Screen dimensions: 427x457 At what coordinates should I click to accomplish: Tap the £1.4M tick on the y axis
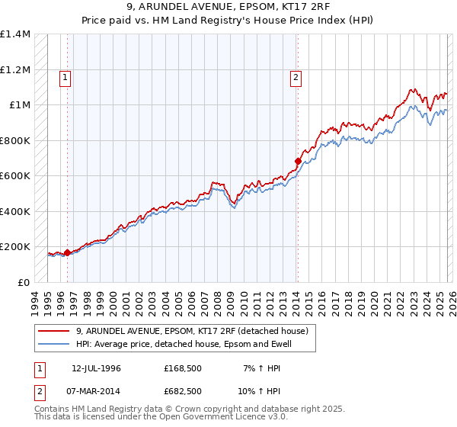[x=15, y=34]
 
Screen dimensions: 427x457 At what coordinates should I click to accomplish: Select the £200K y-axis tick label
[x=15, y=247]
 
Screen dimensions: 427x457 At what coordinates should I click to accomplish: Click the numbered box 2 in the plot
[x=295, y=76]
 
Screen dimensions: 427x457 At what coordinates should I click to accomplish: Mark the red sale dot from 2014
[x=298, y=161]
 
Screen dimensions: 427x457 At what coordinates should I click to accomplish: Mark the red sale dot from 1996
[x=67, y=252]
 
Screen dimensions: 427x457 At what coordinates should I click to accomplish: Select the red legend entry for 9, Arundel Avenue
[x=191, y=331]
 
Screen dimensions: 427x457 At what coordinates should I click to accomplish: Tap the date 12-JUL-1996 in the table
[x=97, y=368]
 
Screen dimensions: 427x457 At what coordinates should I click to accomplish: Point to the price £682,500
[x=182, y=391]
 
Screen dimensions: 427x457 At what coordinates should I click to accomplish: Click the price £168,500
[x=182, y=368]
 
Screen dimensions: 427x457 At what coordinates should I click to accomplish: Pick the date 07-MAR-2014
[x=97, y=391]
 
